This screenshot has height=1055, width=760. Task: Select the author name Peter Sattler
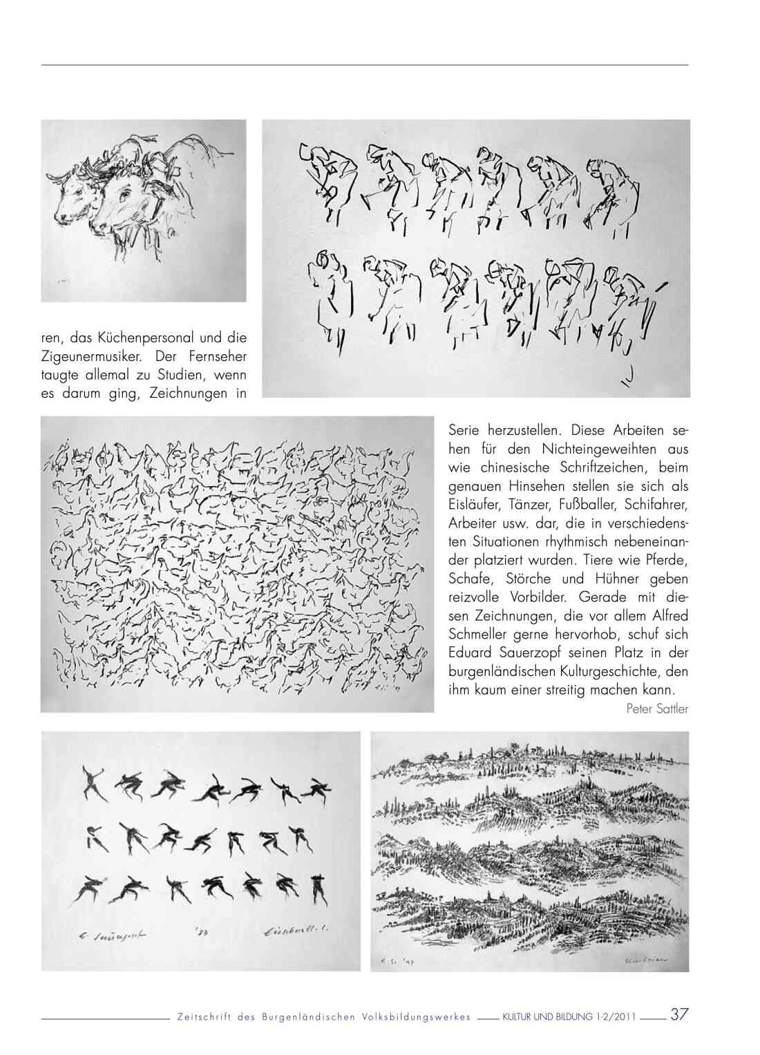[x=657, y=708]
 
